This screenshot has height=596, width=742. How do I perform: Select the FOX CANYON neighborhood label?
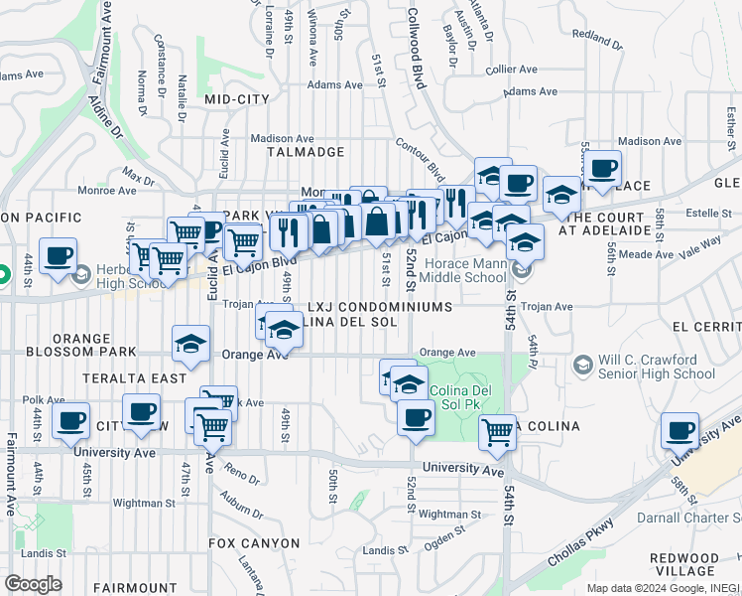[x=254, y=543]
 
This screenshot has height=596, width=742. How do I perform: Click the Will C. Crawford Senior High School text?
[x=656, y=367]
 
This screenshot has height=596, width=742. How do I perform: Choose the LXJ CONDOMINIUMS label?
[x=380, y=308]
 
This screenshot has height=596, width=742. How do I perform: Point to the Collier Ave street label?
[x=512, y=70]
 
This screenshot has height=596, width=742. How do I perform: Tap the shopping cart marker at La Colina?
[x=496, y=431]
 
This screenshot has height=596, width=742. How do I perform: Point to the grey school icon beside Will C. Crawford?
[x=582, y=367]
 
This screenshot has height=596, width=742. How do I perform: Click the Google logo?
[x=34, y=584]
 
